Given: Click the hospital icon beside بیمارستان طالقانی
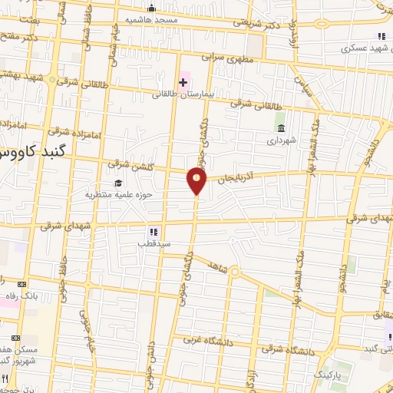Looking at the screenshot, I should (x=183, y=81).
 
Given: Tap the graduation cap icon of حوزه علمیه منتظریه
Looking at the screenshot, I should (x=118, y=183).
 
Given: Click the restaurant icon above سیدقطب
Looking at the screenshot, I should (x=154, y=230).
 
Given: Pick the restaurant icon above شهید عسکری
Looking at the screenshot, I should (x=381, y=36).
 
